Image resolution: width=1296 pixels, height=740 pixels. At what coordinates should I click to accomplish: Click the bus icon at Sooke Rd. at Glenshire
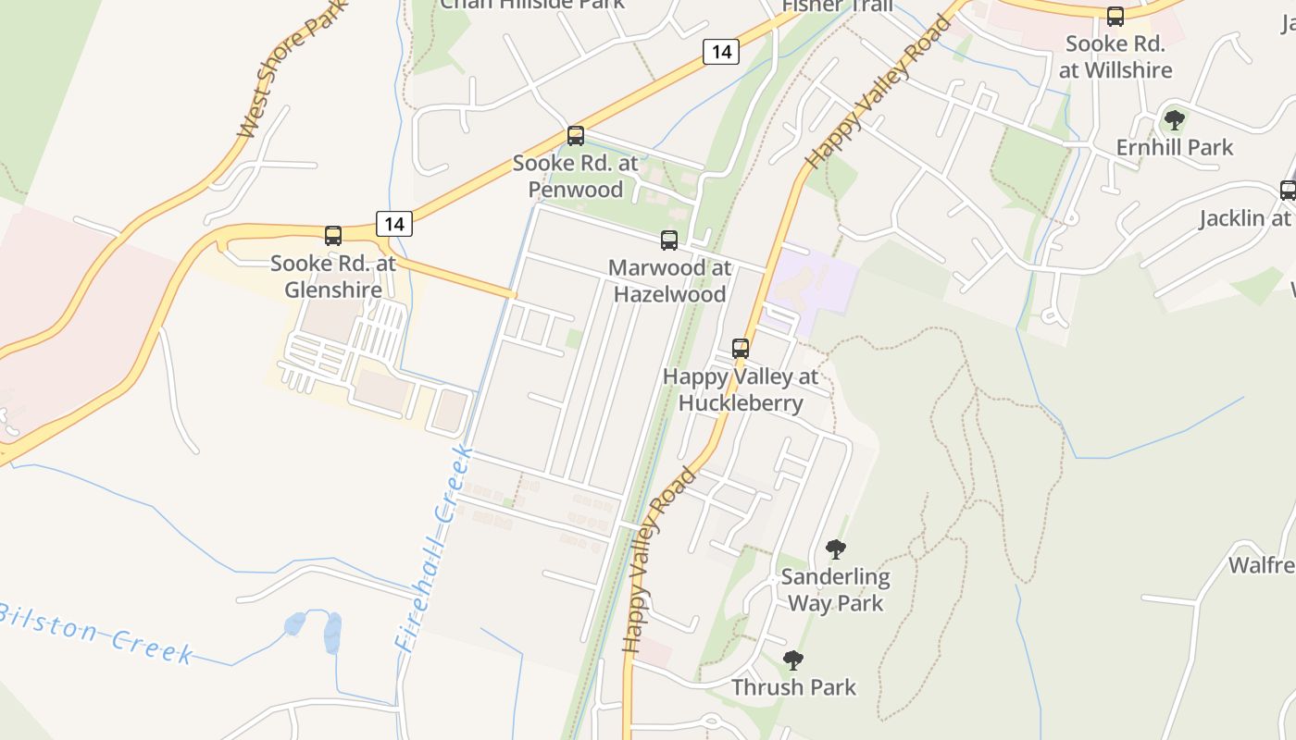click(x=333, y=236)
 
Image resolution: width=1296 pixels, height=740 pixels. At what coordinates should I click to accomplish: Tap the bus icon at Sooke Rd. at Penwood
click(x=576, y=136)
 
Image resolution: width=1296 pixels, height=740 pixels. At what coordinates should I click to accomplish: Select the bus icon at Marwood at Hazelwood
click(x=669, y=240)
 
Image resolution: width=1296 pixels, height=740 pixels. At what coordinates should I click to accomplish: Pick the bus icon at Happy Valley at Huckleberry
click(x=741, y=349)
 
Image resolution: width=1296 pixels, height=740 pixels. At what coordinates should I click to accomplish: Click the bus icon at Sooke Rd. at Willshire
click(x=1115, y=17)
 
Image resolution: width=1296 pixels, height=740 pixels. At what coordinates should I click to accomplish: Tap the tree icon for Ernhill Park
click(x=1175, y=120)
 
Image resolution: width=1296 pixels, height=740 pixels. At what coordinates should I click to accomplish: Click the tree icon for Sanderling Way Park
click(x=836, y=549)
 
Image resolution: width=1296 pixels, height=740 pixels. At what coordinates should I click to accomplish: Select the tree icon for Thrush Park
click(x=793, y=660)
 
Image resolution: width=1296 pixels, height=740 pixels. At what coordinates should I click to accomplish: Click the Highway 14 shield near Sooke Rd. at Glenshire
click(x=394, y=223)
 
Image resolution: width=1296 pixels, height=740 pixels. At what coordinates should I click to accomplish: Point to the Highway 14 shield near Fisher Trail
click(x=721, y=52)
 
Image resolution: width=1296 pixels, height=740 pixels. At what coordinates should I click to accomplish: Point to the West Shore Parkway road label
click(x=291, y=69)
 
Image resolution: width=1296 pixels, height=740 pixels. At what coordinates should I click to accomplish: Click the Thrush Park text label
click(x=794, y=687)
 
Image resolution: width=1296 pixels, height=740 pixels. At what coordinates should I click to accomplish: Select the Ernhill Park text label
click(x=1175, y=147)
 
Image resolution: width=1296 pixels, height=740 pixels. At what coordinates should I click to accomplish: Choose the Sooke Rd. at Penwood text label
click(x=576, y=177)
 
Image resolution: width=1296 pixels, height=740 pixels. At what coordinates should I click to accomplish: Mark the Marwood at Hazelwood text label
click(x=669, y=281)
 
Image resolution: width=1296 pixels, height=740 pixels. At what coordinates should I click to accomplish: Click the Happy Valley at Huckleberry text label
click(x=741, y=389)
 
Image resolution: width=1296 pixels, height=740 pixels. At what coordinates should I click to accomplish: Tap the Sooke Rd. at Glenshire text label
click(x=333, y=277)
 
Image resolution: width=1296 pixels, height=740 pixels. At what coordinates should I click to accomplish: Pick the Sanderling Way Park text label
click(x=836, y=590)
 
